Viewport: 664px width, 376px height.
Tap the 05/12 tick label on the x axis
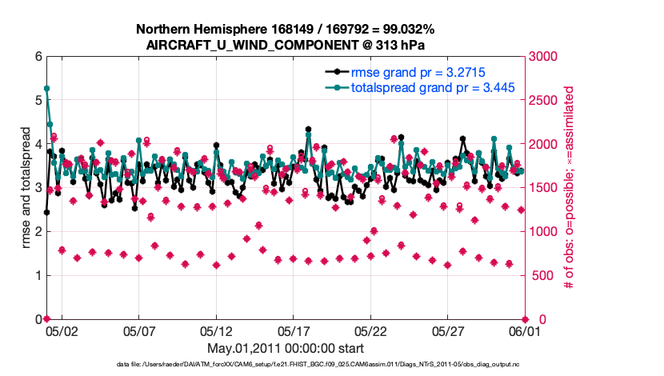click(x=216, y=329)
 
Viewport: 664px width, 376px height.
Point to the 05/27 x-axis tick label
click(x=448, y=329)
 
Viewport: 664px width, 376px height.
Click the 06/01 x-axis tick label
click(x=526, y=329)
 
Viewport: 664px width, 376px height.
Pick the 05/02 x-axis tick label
click(x=61, y=329)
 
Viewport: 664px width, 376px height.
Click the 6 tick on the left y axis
click(x=38, y=57)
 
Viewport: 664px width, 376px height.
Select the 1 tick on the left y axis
click(x=38, y=275)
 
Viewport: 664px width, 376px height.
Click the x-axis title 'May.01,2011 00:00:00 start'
click(x=285, y=348)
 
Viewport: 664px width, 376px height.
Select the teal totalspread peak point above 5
click(x=46, y=89)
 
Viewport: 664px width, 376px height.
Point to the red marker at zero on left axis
click(x=46, y=318)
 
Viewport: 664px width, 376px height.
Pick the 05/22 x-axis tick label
click(x=370, y=329)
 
